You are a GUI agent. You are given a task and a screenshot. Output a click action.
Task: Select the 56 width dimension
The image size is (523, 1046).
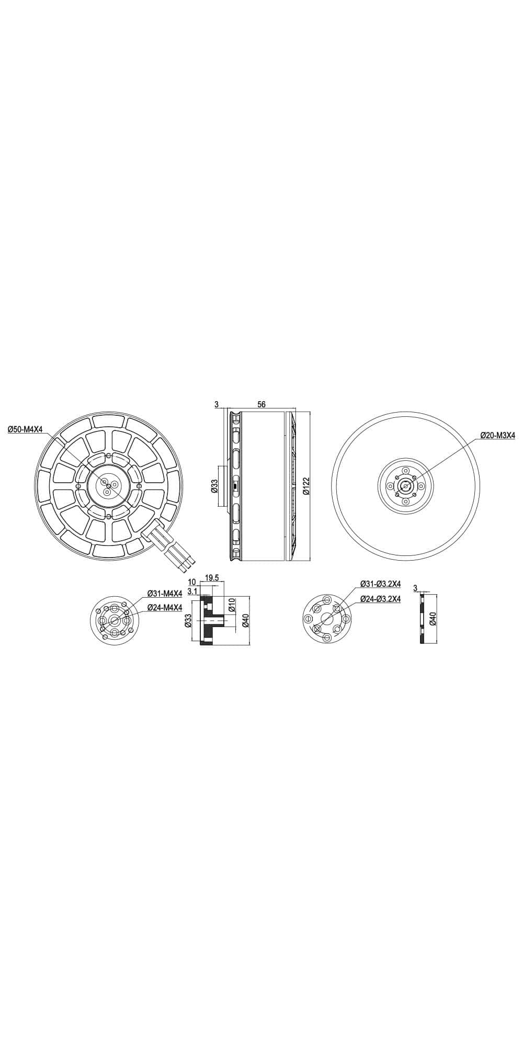[x=261, y=404]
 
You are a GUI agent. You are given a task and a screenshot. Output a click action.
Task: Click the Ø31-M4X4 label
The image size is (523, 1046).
[x=164, y=594]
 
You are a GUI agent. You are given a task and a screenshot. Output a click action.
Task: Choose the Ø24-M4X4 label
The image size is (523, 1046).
[x=164, y=607]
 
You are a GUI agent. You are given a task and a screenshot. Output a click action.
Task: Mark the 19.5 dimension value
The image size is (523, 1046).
[x=212, y=578]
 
